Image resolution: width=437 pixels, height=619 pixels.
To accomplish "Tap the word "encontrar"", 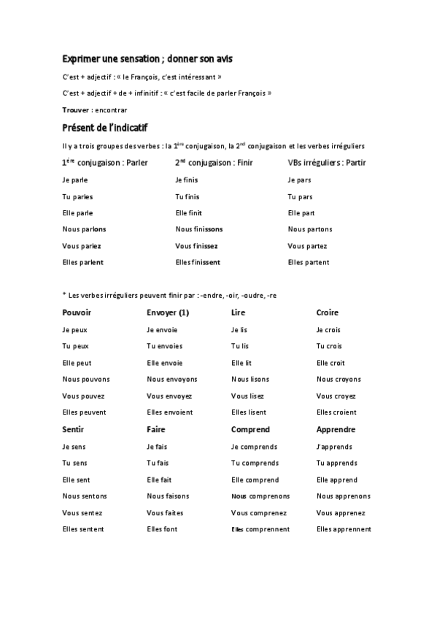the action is (x=111, y=109).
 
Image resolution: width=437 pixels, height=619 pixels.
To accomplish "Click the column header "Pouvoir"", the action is (x=77, y=312).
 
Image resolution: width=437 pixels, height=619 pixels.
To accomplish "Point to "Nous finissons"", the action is (x=199, y=229).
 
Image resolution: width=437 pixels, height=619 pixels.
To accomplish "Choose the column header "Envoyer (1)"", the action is (x=168, y=312).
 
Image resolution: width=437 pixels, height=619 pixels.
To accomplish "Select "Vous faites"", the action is (x=165, y=513).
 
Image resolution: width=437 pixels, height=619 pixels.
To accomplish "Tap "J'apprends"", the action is (x=334, y=447).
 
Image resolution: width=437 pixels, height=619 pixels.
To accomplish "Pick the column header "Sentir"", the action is (x=74, y=430).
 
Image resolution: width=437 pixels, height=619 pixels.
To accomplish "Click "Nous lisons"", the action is (x=250, y=380).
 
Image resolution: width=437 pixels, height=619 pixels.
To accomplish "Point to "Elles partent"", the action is (x=309, y=262).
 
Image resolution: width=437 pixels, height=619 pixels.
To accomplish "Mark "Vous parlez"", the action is (x=82, y=246).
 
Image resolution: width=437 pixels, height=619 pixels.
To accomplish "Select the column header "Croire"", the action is (x=328, y=312).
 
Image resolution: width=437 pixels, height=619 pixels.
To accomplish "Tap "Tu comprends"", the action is (x=255, y=463).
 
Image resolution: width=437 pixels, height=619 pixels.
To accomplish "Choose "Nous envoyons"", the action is (x=172, y=380).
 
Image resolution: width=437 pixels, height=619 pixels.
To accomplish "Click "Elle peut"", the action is (x=77, y=363).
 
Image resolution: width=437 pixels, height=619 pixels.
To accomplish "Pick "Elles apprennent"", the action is (x=344, y=529).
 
